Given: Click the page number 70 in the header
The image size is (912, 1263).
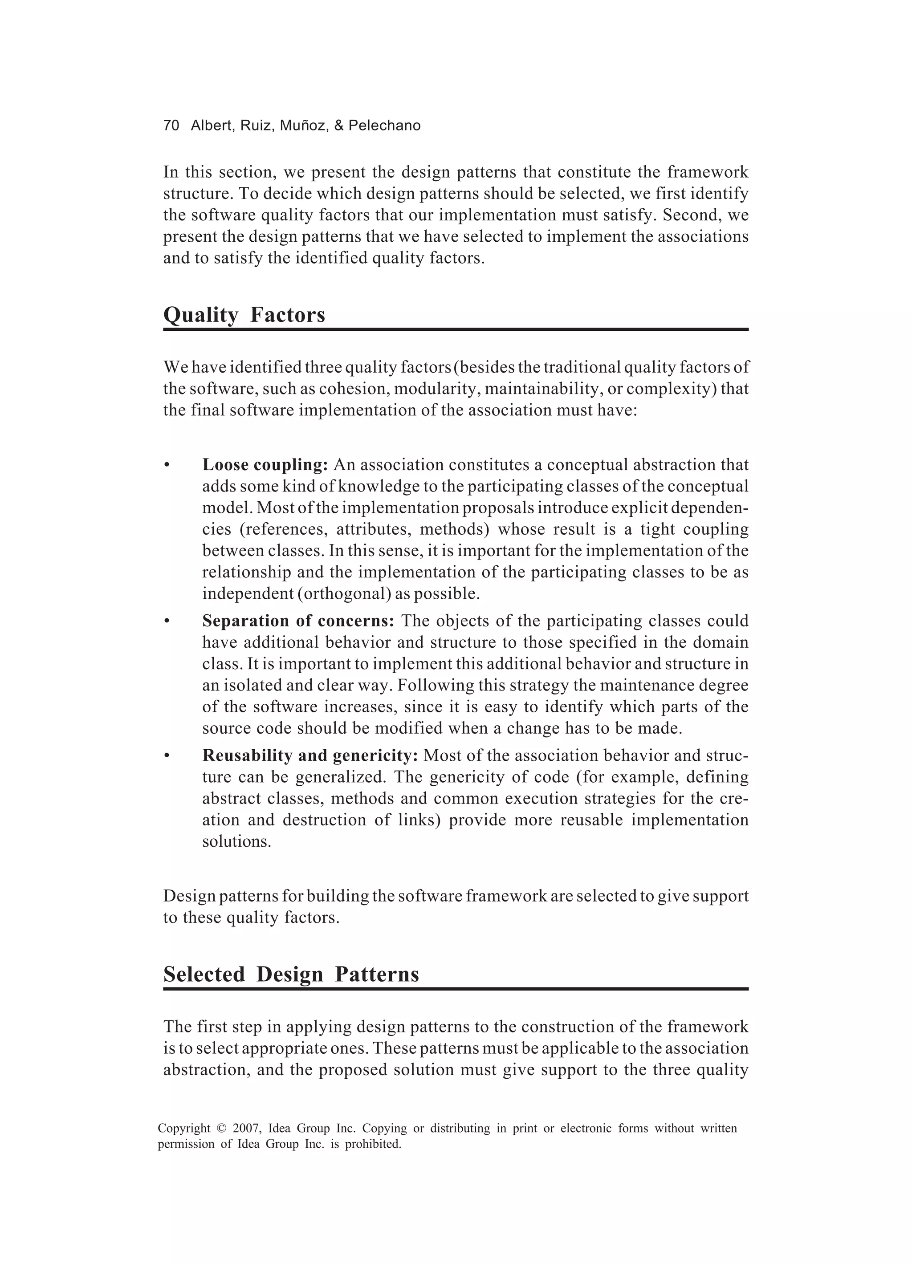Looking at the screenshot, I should tap(171, 126).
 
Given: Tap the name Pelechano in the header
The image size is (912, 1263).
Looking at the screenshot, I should tap(384, 126).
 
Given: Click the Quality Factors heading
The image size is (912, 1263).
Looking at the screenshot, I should tap(244, 315).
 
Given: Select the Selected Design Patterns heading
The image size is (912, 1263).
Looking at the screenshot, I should tap(291, 974).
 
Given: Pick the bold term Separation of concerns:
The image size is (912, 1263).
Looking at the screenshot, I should tap(298, 621).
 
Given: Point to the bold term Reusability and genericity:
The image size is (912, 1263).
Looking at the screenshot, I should tap(310, 755).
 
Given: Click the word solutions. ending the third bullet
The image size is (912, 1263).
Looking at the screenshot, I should tap(237, 841).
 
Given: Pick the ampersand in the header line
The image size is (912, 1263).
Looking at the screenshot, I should tap(339, 126).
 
